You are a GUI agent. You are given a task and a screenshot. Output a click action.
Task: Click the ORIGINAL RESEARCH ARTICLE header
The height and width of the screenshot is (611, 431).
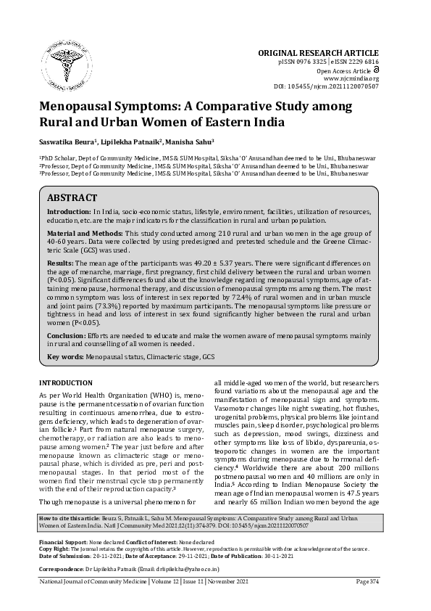coord(318,53)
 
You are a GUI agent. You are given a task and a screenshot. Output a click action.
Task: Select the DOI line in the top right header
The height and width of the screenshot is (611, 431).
coord(326,86)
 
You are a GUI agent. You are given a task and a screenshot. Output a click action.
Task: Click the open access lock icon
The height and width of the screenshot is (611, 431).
coord(374,70)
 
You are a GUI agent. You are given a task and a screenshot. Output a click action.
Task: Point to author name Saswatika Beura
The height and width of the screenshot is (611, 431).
coord(70,142)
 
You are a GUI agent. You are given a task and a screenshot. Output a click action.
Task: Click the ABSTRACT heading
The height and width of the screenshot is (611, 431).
coord(72,197)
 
